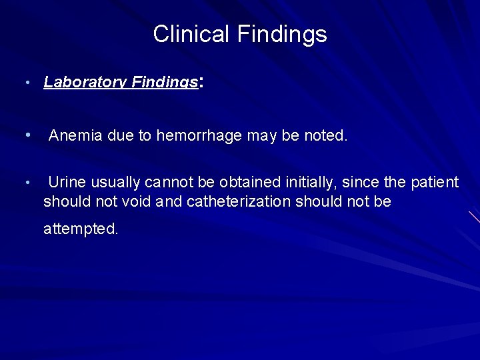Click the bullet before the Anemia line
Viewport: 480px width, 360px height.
pos(26,136)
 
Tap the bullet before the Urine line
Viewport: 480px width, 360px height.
pos(26,182)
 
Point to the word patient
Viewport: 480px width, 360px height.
pos(436,182)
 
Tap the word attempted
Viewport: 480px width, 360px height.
pos(81,229)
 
